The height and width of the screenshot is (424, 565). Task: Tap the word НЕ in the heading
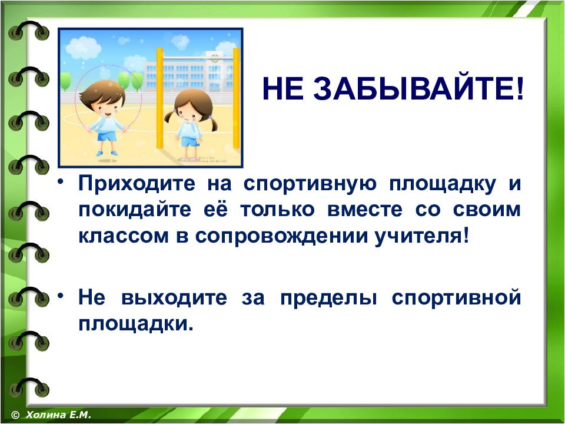tap(283, 89)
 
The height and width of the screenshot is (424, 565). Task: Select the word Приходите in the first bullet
tap(137, 183)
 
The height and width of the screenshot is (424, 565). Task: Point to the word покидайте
tap(135, 209)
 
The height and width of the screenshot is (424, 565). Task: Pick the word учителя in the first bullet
tap(422, 236)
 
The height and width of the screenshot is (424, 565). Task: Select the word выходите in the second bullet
tap(174, 298)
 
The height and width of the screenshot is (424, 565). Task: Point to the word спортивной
tap(457, 298)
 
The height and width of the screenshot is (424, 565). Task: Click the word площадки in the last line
tap(136, 324)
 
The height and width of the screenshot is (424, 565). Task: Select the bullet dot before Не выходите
tap(62, 296)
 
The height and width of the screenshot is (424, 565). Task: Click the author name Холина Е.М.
tap(58, 415)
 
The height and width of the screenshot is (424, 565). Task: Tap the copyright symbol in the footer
tap(15, 415)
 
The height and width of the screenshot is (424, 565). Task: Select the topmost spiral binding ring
tap(29, 30)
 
